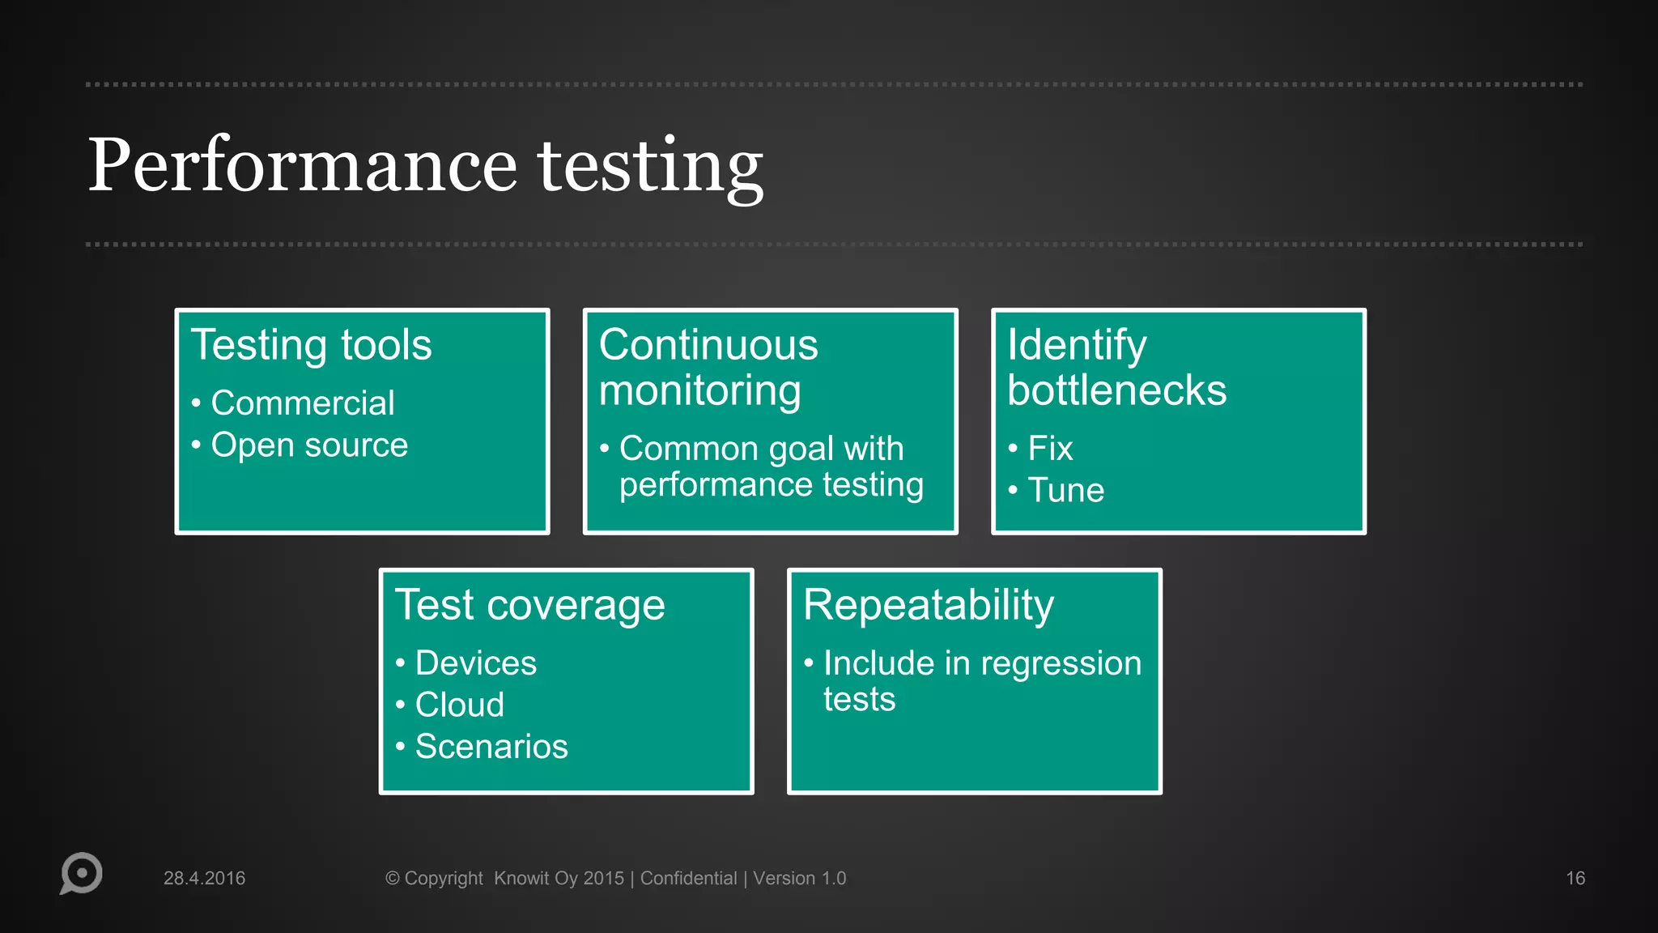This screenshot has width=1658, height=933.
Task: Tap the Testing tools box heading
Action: (311, 345)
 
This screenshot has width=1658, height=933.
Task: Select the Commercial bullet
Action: (302, 403)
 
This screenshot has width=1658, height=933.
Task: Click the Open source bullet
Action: (308, 445)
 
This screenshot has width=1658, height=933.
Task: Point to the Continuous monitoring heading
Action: (708, 368)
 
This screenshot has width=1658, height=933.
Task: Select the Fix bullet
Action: (1049, 449)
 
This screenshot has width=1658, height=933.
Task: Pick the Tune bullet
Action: (1065, 491)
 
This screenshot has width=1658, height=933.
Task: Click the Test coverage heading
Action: (529, 605)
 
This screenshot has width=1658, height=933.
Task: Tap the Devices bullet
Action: (475, 663)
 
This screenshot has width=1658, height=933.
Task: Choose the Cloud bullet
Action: (459, 705)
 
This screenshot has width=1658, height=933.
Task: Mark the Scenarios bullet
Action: (491, 747)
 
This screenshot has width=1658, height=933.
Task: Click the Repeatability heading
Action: (928, 605)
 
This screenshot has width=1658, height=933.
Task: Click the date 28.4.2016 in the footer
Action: (204, 879)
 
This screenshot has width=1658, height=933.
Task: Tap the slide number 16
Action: (1575, 879)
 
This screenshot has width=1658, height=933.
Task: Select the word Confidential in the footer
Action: (688, 879)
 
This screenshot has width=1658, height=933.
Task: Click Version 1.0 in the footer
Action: (799, 879)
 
